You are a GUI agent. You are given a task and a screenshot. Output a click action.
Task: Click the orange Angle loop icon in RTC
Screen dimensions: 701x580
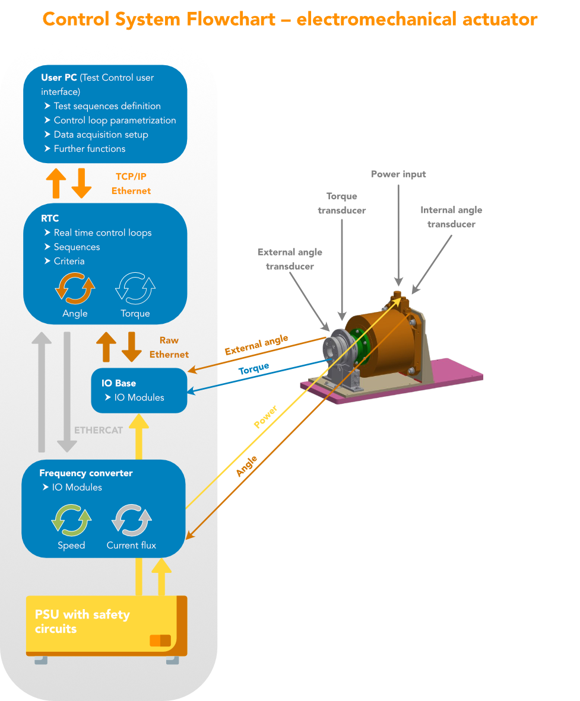[x=75, y=288]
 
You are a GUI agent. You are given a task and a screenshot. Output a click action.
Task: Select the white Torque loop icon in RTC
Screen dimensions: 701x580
[x=135, y=288]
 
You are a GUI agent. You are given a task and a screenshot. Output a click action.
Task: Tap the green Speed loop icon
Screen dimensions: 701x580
[x=71, y=520]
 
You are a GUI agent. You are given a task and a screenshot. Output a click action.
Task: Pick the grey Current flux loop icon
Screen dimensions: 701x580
[x=131, y=520]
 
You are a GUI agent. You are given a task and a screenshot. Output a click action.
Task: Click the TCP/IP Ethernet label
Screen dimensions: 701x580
[x=131, y=184]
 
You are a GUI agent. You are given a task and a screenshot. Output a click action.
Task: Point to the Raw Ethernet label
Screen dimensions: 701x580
[x=169, y=348]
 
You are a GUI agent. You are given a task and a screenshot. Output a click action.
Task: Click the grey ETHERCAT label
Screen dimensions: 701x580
[x=99, y=430]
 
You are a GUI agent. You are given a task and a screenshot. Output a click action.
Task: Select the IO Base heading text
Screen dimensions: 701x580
[x=118, y=383]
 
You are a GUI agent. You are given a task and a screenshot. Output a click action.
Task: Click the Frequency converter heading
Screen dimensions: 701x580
[x=86, y=473]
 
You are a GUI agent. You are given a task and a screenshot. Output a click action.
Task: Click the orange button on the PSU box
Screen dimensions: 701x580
[x=160, y=641]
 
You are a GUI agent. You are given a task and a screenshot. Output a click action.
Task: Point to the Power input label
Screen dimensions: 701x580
[x=398, y=174]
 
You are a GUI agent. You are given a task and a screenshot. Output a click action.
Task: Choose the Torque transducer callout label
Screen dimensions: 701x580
[x=342, y=203]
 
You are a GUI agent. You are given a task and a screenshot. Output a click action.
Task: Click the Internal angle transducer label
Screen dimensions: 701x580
[x=451, y=217]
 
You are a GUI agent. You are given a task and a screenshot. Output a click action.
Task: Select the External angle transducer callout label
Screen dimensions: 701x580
[x=290, y=259]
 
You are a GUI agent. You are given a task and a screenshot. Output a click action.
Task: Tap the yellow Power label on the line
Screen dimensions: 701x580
[x=265, y=417]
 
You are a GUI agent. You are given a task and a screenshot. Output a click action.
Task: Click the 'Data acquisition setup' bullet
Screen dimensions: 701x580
[x=100, y=135]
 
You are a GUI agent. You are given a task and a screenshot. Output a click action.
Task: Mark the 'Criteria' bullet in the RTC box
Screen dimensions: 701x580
[x=69, y=261]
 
